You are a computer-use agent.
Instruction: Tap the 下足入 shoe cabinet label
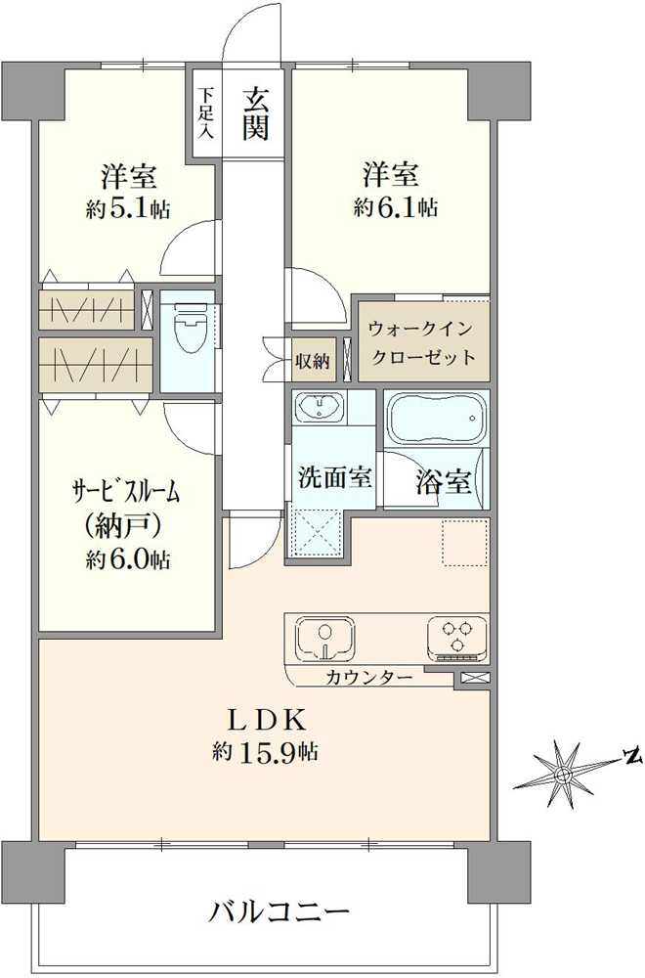206,112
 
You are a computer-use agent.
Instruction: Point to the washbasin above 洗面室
321,408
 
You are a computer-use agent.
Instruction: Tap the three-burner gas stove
456,637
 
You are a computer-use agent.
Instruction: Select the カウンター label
368,677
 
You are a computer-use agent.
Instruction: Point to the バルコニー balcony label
279,913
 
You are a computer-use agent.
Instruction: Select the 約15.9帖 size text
268,752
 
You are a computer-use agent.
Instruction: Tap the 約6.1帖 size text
395,207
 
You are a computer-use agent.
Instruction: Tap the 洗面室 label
333,478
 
